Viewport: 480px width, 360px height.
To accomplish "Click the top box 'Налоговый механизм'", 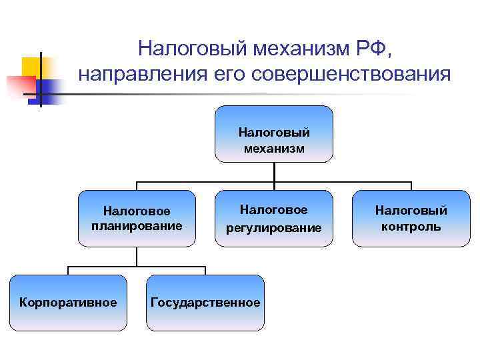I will pyautogui.click(x=274, y=134).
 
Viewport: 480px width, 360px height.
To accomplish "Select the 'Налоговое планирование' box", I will pyautogui.click(x=137, y=219).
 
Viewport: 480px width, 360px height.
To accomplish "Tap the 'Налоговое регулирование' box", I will pyautogui.click(x=274, y=219).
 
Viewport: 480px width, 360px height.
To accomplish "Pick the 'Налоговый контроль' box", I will pyautogui.click(x=411, y=219).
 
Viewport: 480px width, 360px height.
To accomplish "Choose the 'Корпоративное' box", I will pyautogui.click(x=68, y=303).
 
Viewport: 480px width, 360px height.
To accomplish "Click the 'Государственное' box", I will pyautogui.click(x=205, y=303).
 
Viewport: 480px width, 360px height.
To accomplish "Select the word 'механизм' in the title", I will pyautogui.click(x=291, y=49).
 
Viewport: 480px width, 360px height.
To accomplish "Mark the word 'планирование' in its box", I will pyautogui.click(x=137, y=225).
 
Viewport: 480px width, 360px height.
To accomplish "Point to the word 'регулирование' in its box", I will pyautogui.click(x=274, y=228).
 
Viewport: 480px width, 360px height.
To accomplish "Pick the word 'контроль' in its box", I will pyautogui.click(x=411, y=227).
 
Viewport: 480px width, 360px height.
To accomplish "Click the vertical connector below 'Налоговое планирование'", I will pyautogui.click(x=137, y=257).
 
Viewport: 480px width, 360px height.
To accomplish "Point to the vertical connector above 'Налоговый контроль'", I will pyautogui.click(x=411, y=186).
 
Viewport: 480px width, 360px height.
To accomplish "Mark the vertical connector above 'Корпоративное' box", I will pyautogui.click(x=68, y=270).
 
